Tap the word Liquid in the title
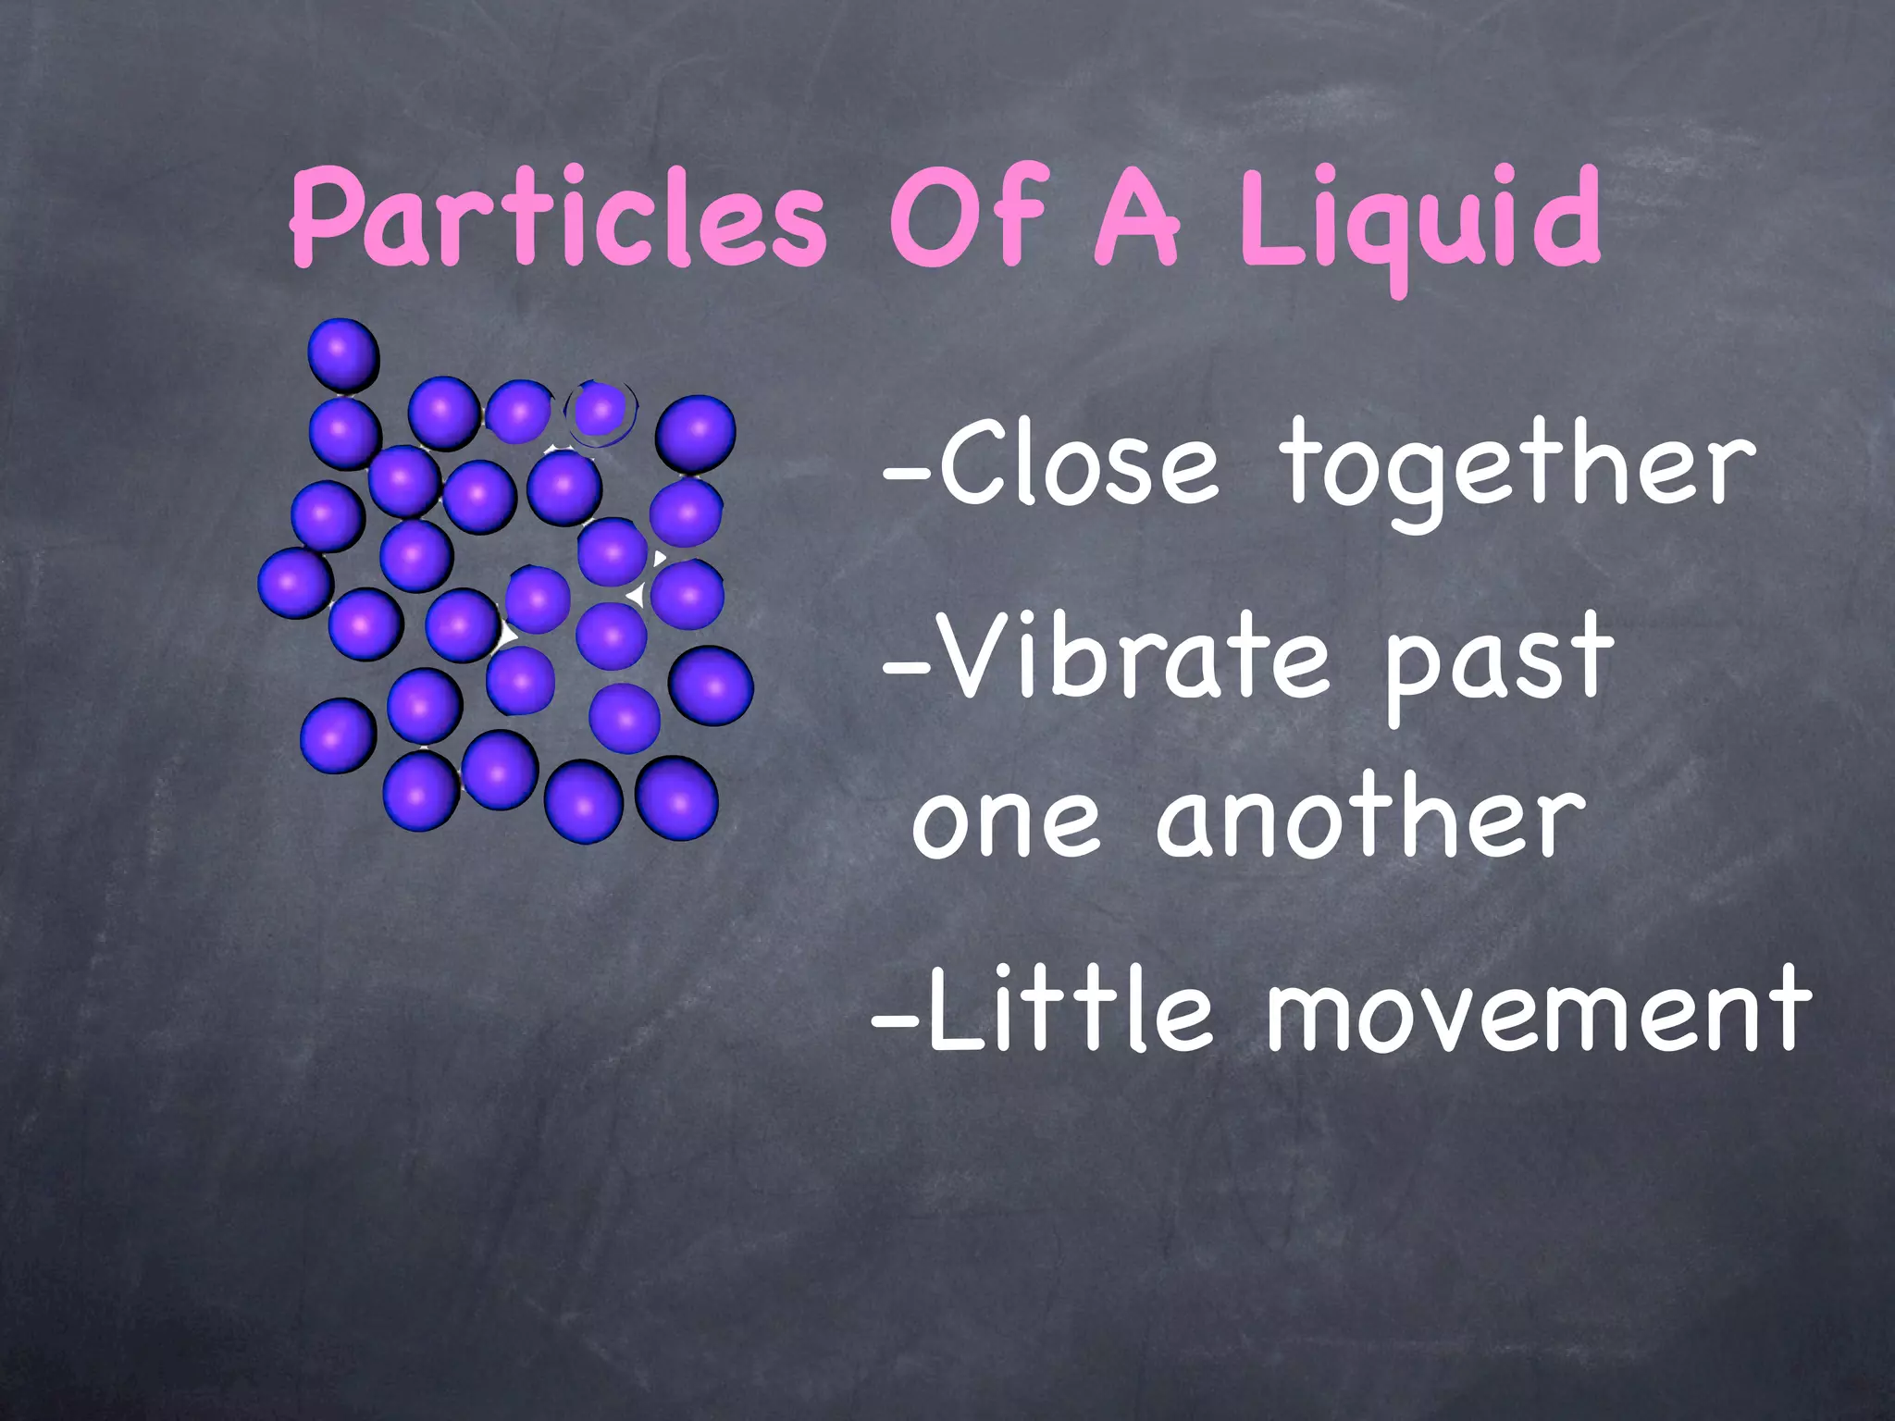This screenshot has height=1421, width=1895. click(1419, 222)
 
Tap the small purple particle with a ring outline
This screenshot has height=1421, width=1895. click(601, 409)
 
